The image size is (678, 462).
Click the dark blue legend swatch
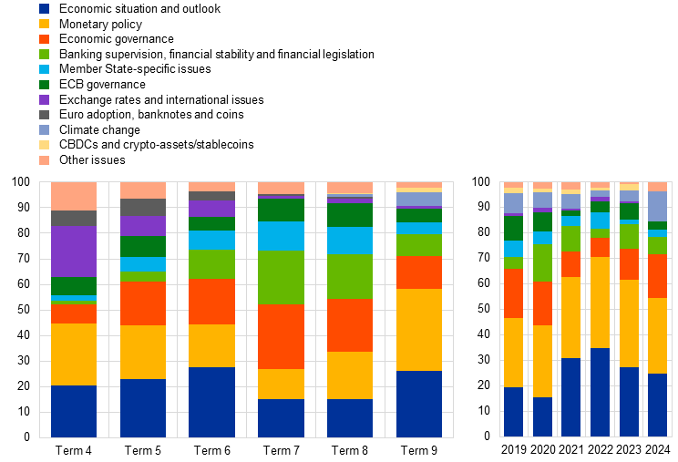44,8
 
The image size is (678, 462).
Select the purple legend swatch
44,99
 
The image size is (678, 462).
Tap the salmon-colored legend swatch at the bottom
44,160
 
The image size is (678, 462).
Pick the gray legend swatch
44,115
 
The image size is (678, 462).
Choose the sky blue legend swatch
44,69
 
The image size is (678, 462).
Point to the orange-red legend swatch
44,39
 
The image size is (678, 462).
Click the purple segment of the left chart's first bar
74,251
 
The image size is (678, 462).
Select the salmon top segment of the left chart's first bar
74,196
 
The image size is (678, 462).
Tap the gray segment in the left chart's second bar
143,207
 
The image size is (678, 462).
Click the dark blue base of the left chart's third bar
211,402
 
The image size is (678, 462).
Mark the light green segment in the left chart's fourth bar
281,277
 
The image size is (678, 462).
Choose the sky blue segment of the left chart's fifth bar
350,241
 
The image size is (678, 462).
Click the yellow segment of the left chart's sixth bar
419,329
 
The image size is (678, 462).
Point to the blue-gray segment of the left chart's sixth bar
419,199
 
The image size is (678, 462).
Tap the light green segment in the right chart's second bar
543,262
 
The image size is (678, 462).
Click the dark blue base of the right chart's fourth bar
600,392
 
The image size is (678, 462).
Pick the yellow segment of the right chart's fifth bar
630,323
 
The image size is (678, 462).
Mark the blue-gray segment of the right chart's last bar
657,206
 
